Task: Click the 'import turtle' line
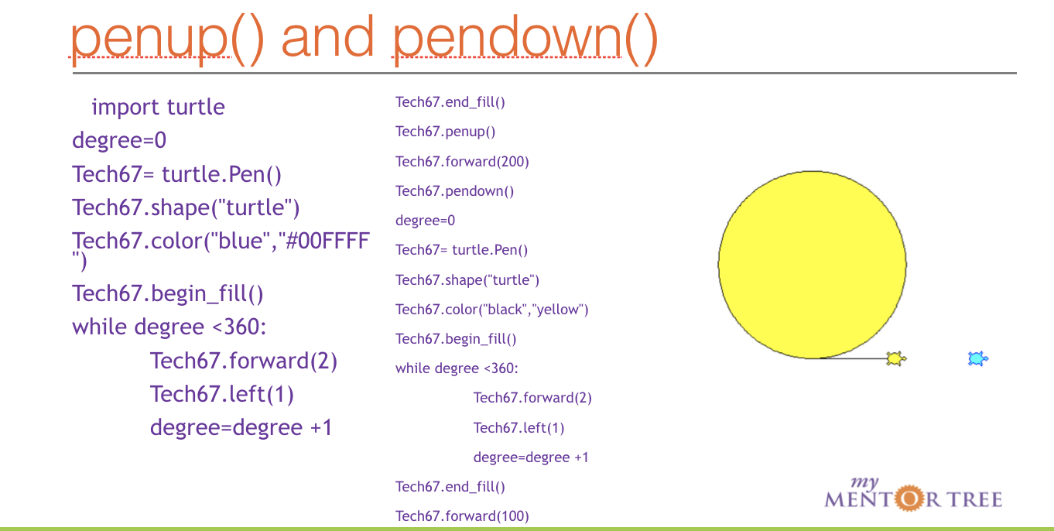pyautogui.click(x=158, y=107)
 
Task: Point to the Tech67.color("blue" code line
pyautogui.click(x=221, y=241)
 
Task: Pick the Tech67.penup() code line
pyautogui.click(x=446, y=132)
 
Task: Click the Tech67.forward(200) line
pyautogui.click(x=462, y=161)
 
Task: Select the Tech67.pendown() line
pyautogui.click(x=454, y=190)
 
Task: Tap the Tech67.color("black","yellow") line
pyautogui.click(x=492, y=310)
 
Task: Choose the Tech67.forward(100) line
pyautogui.click(x=462, y=516)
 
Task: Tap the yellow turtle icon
pyautogui.click(x=896, y=358)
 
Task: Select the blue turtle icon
pyautogui.click(x=978, y=358)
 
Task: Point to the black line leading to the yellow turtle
pyautogui.click(x=851, y=358)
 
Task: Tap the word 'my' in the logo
pyautogui.click(x=864, y=482)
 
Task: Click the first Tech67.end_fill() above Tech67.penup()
pyautogui.click(x=450, y=102)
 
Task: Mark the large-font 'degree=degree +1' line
pyautogui.click(x=241, y=427)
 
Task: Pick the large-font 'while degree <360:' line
pyautogui.click(x=169, y=327)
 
